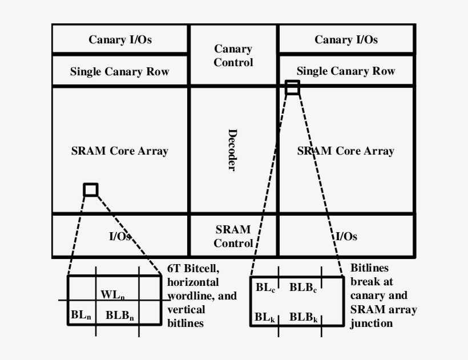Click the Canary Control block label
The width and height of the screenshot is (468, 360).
tap(233, 56)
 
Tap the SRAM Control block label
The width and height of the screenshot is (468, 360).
tap(233, 236)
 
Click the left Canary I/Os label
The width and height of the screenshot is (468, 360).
tap(120, 39)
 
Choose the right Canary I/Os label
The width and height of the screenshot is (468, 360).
tap(346, 39)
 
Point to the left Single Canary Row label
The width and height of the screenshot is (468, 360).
tap(120, 72)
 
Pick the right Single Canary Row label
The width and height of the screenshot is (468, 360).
tap(346, 71)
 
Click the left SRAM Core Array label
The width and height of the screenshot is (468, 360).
tap(120, 151)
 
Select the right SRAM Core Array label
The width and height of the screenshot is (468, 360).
tap(346, 151)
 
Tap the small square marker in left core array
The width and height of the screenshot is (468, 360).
tap(91, 189)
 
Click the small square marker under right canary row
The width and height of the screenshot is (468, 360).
tap(292, 87)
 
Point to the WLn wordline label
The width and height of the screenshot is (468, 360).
tap(112, 295)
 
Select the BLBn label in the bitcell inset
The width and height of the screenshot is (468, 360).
tap(119, 314)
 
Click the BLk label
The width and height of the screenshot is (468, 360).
tap(265, 317)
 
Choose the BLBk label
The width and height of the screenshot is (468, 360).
tap(303, 317)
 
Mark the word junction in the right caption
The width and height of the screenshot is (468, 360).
tap(372, 323)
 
